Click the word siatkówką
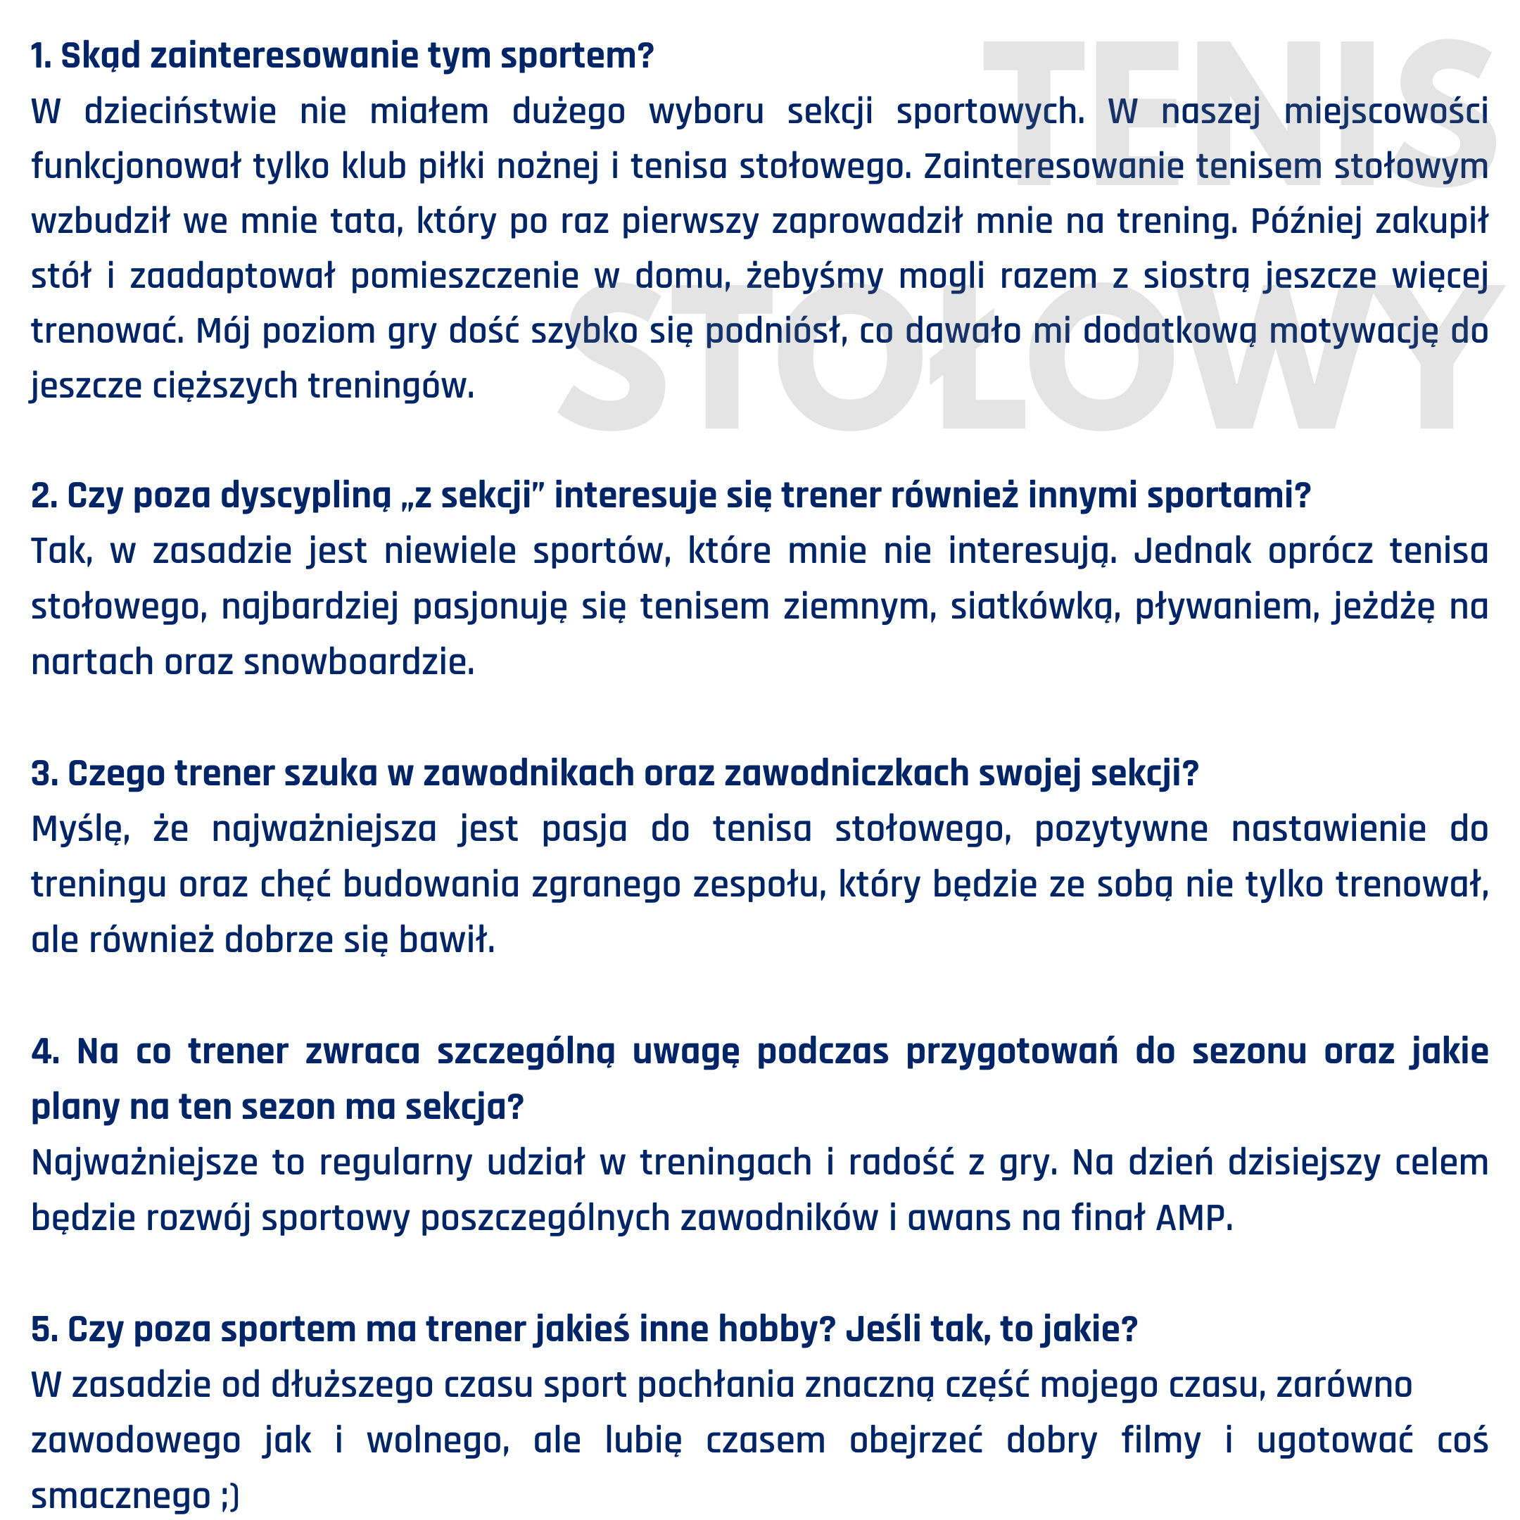point(1034,607)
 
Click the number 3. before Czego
point(44,774)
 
